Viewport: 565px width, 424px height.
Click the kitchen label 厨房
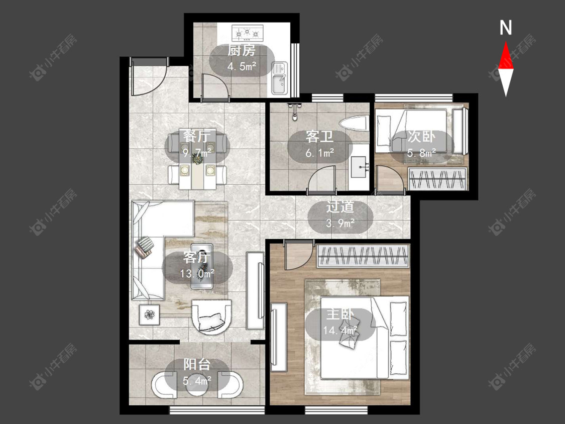[x=242, y=50]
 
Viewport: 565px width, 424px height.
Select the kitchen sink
[x=280, y=78]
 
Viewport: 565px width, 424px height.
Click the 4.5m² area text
[x=242, y=66]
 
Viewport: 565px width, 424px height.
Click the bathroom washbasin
[x=359, y=167]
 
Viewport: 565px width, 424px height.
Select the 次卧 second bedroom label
[x=421, y=137]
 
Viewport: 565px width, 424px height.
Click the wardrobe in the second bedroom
[x=437, y=179]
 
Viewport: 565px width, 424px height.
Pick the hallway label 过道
[x=340, y=207]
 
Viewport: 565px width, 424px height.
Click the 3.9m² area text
[x=340, y=223]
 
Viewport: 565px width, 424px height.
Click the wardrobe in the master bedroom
[x=363, y=256]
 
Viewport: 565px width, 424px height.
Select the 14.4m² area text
[x=340, y=330]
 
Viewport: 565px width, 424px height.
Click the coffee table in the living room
[x=202, y=266]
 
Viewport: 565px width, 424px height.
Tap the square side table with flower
[x=149, y=315]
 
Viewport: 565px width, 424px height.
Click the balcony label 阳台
[x=197, y=365]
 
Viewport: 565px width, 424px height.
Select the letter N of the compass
[x=506, y=28]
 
